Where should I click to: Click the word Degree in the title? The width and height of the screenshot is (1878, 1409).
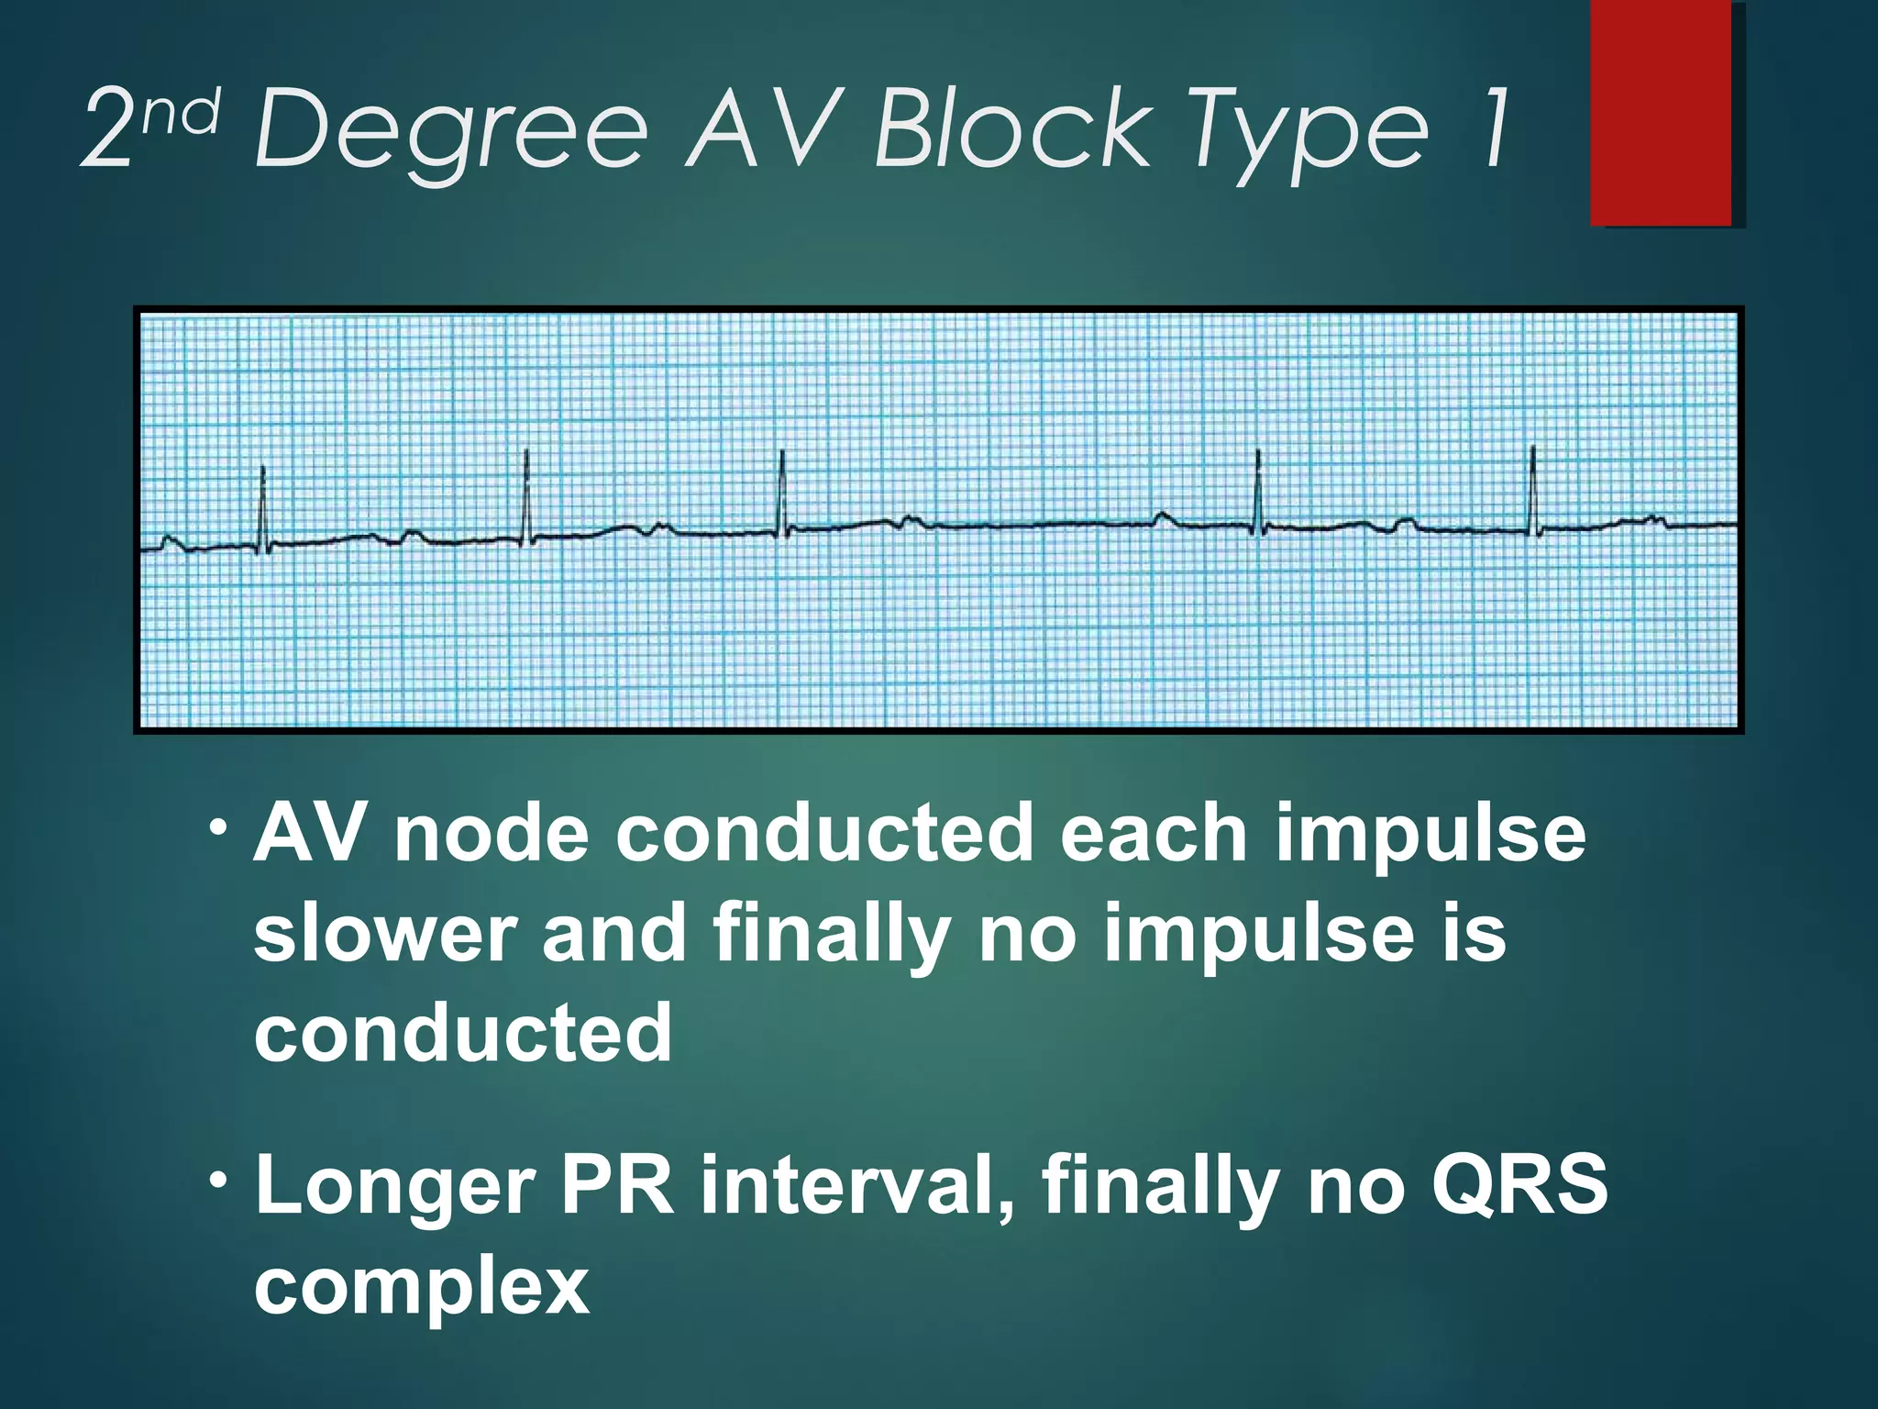(451, 130)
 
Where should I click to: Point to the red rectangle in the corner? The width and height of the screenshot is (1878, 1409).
(1661, 112)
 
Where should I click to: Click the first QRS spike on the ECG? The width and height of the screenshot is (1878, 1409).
(263, 505)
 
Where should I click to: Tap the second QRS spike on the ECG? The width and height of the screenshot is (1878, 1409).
(526, 495)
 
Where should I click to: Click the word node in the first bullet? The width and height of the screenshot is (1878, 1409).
(491, 833)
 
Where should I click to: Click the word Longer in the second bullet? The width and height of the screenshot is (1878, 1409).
(395, 1185)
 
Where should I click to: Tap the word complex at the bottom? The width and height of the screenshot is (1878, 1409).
(421, 1286)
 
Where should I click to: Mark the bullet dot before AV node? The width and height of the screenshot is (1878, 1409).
(218, 827)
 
